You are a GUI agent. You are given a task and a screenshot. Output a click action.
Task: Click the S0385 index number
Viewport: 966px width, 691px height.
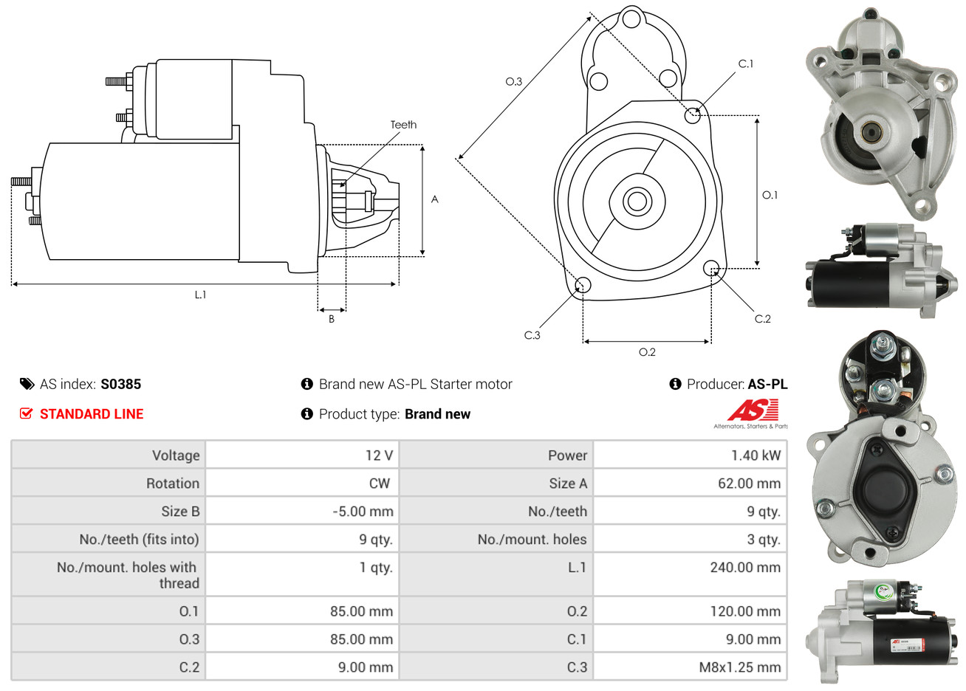(121, 384)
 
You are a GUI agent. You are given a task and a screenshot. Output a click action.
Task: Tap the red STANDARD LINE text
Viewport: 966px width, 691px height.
(92, 414)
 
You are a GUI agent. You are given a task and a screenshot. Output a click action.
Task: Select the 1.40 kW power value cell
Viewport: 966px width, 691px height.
(691, 455)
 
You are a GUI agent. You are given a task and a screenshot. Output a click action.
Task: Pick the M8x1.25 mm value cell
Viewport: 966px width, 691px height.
(691, 667)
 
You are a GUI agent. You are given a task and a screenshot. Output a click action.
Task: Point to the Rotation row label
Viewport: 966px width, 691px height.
(173, 484)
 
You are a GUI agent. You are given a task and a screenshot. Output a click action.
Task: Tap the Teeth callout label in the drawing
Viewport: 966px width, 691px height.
(404, 125)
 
